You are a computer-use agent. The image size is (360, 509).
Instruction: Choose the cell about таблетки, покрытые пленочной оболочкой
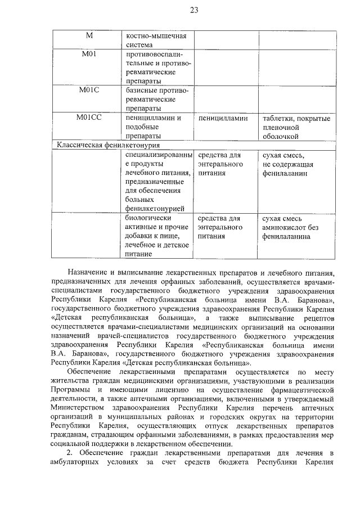296,127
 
